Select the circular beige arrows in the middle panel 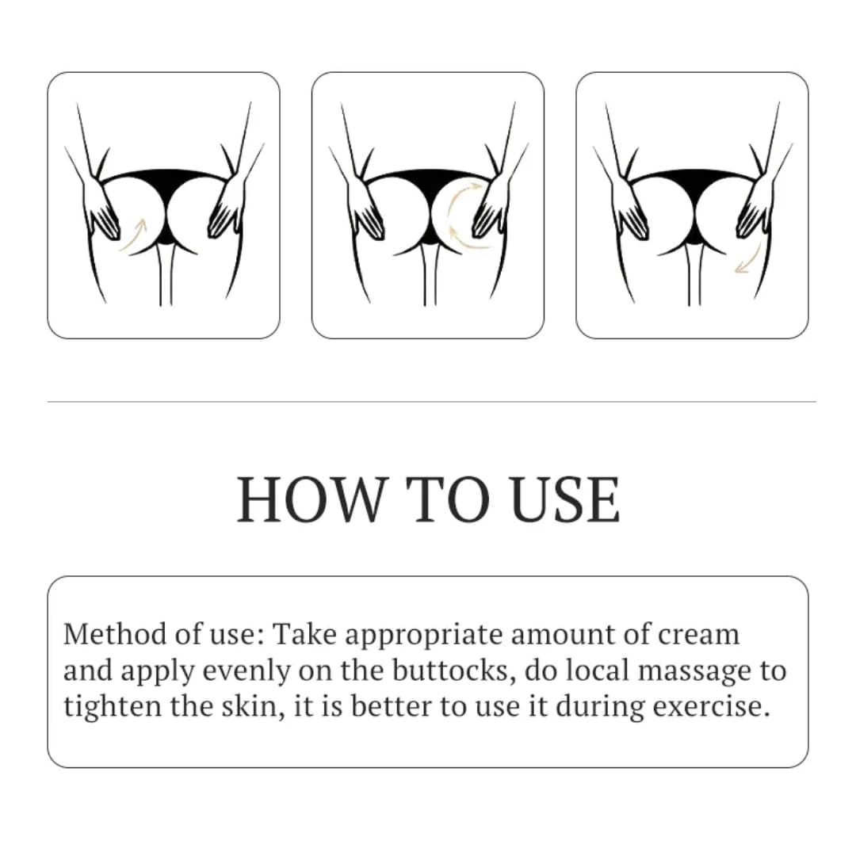click(460, 214)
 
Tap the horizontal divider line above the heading click(431, 402)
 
